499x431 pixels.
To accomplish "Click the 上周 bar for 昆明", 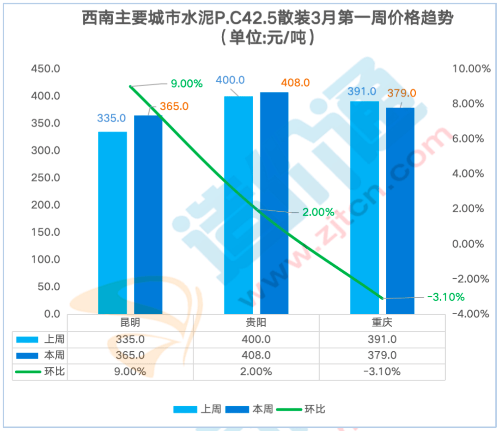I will click(x=112, y=222).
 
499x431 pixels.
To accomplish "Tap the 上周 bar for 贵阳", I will click(x=238, y=205).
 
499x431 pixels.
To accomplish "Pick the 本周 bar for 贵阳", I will click(x=274, y=203).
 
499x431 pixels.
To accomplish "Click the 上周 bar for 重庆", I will click(x=364, y=207).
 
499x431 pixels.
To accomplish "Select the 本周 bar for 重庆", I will click(x=400, y=210).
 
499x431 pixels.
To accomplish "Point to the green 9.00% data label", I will click(x=187, y=84).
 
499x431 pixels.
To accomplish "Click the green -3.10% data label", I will click(x=445, y=297).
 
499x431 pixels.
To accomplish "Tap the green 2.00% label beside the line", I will click(x=318, y=212).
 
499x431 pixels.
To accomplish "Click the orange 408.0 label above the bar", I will click(x=295, y=83).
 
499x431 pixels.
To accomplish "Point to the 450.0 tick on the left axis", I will click(x=45, y=69).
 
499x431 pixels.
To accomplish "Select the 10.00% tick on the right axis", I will click(x=471, y=69).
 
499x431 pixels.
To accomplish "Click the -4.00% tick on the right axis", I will click(x=471, y=314).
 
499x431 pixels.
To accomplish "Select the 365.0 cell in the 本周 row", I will click(x=131, y=355).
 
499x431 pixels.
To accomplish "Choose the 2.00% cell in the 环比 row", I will click(x=256, y=371).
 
